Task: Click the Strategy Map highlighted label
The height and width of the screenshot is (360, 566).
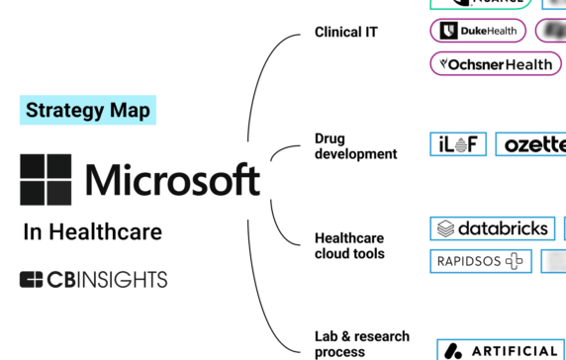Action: coord(88,110)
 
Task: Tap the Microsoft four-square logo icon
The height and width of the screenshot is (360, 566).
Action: coord(46,179)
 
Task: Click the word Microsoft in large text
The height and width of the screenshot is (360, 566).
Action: coord(172,180)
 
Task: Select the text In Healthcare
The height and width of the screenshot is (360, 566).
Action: coord(92,232)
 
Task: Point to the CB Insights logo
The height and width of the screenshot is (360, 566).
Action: coord(93,280)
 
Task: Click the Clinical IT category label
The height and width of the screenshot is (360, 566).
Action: coord(345,33)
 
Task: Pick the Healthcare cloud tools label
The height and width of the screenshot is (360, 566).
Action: coord(349,246)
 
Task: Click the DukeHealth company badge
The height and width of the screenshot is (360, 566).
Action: coord(480,31)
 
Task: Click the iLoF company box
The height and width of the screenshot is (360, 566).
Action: coord(458,144)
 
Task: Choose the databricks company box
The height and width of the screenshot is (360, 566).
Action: coord(493,228)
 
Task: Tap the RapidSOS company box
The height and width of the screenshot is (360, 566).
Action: coord(479,261)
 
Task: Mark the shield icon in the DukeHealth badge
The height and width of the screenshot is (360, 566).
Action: coord(448,31)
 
